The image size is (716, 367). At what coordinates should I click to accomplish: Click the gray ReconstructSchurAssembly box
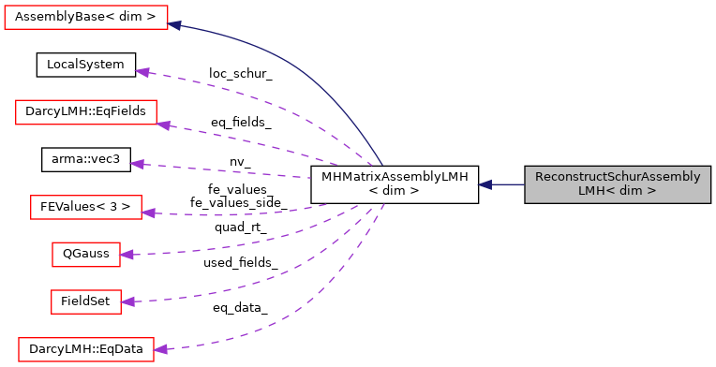point(618,184)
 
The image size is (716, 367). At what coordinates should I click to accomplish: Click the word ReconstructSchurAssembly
point(618,177)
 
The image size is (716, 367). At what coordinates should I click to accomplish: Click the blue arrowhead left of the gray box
point(485,184)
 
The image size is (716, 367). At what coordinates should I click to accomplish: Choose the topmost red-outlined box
point(86,17)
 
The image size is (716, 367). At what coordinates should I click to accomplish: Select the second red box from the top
point(86,112)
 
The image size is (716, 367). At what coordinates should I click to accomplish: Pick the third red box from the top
point(86,207)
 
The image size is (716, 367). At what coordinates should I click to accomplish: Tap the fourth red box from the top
point(86,254)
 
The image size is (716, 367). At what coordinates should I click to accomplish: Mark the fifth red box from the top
point(86,301)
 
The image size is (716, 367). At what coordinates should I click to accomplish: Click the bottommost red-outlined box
point(86,349)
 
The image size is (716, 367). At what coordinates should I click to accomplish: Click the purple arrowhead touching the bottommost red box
point(160,349)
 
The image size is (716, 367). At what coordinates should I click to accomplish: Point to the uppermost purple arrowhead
point(142,71)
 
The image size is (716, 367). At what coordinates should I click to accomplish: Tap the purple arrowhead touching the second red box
point(164,125)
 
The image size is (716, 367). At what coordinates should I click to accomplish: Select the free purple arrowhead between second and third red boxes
point(138,164)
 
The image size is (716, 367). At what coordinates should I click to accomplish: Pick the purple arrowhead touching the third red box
point(148,213)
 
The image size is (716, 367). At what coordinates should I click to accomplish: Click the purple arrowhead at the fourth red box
point(127,254)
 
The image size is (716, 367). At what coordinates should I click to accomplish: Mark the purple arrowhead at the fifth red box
point(127,301)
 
